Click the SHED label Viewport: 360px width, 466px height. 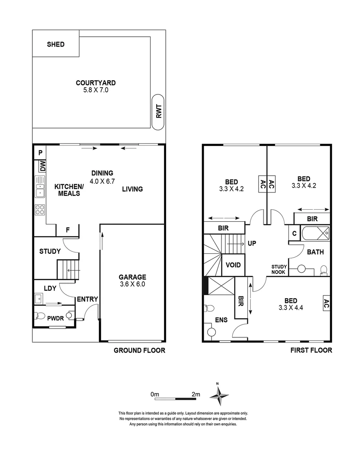[x=56, y=44]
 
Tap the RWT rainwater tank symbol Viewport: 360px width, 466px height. [x=158, y=113]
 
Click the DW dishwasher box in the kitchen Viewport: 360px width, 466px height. [x=42, y=165]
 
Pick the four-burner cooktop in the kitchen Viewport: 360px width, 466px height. [x=40, y=210]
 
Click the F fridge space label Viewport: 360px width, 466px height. [x=68, y=230]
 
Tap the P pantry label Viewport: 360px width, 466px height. [x=40, y=152]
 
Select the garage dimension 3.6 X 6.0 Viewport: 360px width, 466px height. [x=133, y=285]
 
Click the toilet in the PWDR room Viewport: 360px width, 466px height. [x=40, y=315]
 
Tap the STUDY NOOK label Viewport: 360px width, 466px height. [x=279, y=269]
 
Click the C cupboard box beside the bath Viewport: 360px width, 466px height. [x=294, y=233]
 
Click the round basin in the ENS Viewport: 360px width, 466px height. [x=212, y=333]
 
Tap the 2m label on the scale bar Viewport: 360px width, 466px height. [x=196, y=394]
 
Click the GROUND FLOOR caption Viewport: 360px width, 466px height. [x=139, y=350]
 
